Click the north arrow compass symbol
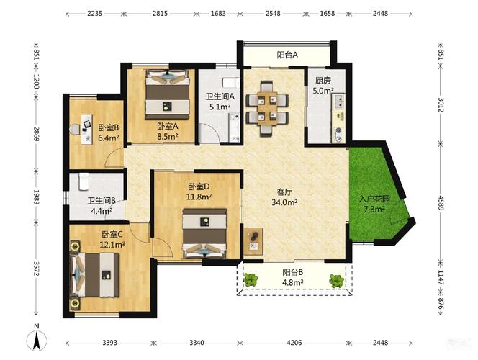(x=37, y=340)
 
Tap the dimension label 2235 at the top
(x=94, y=14)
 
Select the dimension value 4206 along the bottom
(x=294, y=343)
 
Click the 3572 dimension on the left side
(x=36, y=269)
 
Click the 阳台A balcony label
(x=287, y=55)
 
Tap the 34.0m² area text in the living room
(x=285, y=202)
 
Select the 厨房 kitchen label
(x=323, y=81)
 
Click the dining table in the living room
(x=267, y=109)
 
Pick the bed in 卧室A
(x=167, y=94)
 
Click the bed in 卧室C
(x=94, y=275)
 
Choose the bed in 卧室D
(x=204, y=233)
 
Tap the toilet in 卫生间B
(x=84, y=181)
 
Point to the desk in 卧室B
(x=86, y=130)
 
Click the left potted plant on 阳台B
(x=251, y=279)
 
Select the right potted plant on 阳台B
(x=337, y=281)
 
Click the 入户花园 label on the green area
(x=374, y=199)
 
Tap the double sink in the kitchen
(x=338, y=102)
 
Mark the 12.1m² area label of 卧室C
(x=112, y=244)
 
